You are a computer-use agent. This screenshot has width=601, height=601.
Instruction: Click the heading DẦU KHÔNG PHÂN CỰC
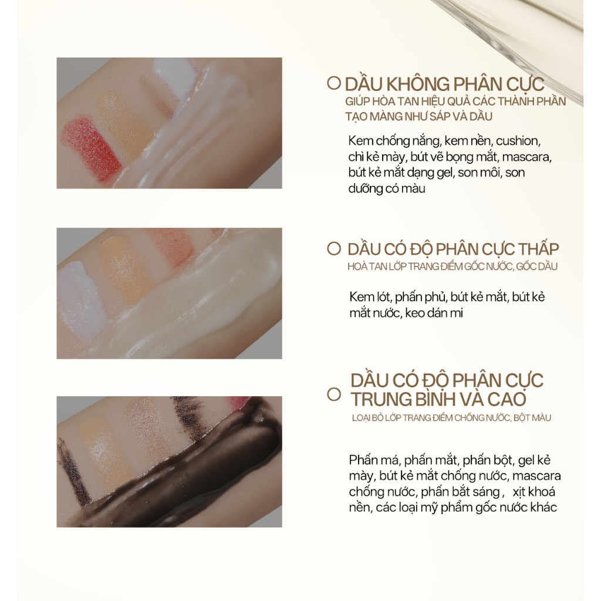pyautogui.click(x=444, y=83)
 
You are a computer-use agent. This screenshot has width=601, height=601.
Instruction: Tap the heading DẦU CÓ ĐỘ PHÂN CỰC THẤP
pyautogui.click(x=453, y=249)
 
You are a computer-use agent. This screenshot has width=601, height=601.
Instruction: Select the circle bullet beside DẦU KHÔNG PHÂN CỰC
pyautogui.click(x=334, y=83)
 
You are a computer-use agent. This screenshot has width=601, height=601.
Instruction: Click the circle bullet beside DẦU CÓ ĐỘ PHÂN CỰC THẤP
pyautogui.click(x=334, y=249)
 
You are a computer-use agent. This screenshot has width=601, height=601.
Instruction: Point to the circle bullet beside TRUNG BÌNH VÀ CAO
pyautogui.click(x=334, y=394)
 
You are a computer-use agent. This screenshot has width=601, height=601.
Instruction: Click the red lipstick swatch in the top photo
pyautogui.click(x=92, y=148)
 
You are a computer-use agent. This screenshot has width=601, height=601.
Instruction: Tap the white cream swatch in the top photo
pyautogui.click(x=174, y=73)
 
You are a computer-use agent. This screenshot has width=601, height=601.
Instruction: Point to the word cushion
pyautogui.click(x=518, y=141)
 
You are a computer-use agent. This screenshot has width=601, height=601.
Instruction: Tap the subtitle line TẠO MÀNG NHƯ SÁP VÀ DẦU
pyautogui.click(x=418, y=116)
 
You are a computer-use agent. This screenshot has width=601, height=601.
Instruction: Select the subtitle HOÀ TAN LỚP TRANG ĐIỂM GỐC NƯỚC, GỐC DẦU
pyautogui.click(x=453, y=266)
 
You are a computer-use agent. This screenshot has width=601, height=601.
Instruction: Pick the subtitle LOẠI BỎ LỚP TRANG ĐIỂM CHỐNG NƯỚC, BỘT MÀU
pyautogui.click(x=451, y=418)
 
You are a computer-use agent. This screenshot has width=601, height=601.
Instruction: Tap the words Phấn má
pyautogui.click(x=374, y=460)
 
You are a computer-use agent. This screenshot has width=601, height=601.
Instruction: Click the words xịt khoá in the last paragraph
pyautogui.click(x=534, y=491)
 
